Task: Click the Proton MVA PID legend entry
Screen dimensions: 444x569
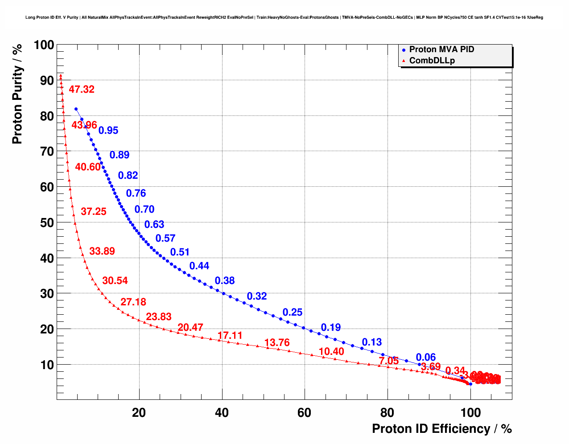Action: [441, 49]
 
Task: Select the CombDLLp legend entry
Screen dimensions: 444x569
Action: [432, 61]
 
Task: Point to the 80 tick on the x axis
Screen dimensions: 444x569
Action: [387, 413]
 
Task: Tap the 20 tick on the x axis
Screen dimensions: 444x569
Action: [139, 413]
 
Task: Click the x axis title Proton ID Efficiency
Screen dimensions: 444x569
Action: [441, 429]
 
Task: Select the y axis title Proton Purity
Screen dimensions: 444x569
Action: [17, 94]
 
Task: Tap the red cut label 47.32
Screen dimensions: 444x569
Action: [82, 90]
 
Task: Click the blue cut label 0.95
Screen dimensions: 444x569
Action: [108, 131]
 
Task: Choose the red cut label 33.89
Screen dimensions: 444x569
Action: [102, 251]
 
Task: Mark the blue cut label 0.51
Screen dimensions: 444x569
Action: [180, 252]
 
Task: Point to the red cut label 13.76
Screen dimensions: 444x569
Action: [277, 343]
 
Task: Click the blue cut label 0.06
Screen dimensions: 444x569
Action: [426, 357]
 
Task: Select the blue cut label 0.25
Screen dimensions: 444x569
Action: [293, 312]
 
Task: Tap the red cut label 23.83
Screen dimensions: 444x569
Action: [159, 317]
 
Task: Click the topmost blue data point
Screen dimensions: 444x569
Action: [76, 109]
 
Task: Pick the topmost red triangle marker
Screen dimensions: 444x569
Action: [61, 75]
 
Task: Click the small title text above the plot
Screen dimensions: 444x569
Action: [284, 18]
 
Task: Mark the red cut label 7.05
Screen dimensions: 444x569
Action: [389, 361]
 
